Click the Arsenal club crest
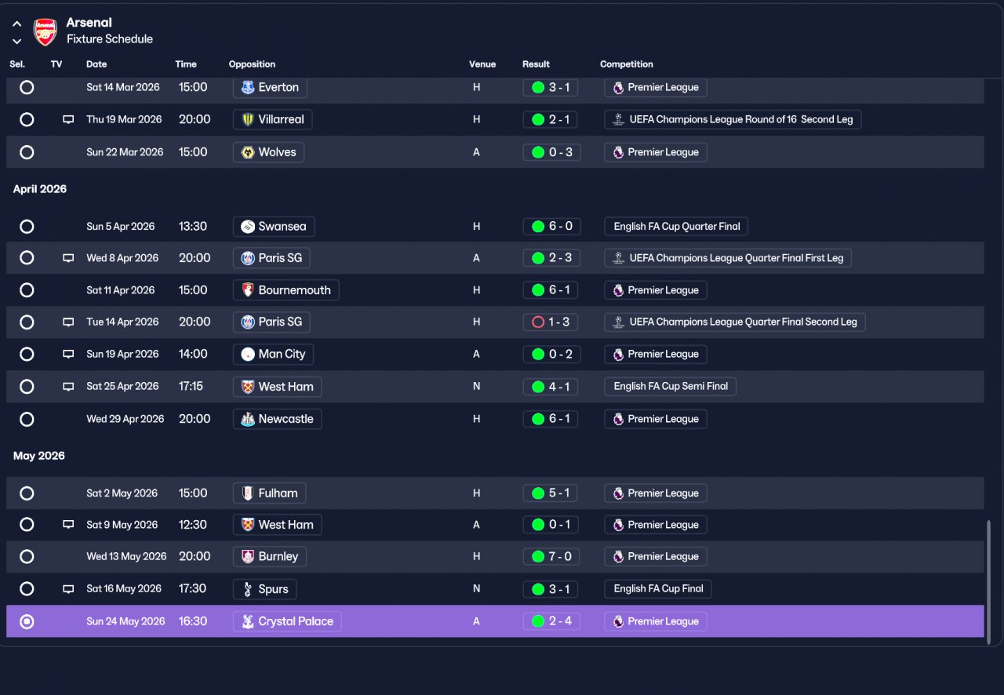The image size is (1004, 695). (x=45, y=31)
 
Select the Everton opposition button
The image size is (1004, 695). (x=270, y=87)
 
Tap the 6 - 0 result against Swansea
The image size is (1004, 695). (x=551, y=226)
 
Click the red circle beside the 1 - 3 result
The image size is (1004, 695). (x=538, y=322)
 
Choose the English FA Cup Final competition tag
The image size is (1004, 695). (x=657, y=589)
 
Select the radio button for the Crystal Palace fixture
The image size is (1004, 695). (x=27, y=621)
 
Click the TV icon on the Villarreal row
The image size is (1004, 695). (x=68, y=119)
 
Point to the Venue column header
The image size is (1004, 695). (x=482, y=64)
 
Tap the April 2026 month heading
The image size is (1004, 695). (x=40, y=189)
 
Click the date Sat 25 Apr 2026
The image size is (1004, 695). (x=122, y=386)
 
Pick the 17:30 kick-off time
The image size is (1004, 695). (x=192, y=588)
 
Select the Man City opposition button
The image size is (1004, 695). (x=274, y=355)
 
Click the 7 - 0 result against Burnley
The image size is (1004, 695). (x=551, y=556)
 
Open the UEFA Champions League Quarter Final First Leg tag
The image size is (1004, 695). (x=728, y=258)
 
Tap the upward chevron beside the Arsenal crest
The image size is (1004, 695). (x=17, y=24)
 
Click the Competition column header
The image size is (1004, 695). (x=626, y=64)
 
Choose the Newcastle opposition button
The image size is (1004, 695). (x=277, y=419)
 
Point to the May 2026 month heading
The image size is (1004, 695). (x=39, y=456)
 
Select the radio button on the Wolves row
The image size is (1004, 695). (x=27, y=152)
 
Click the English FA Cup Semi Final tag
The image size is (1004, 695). (x=670, y=386)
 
